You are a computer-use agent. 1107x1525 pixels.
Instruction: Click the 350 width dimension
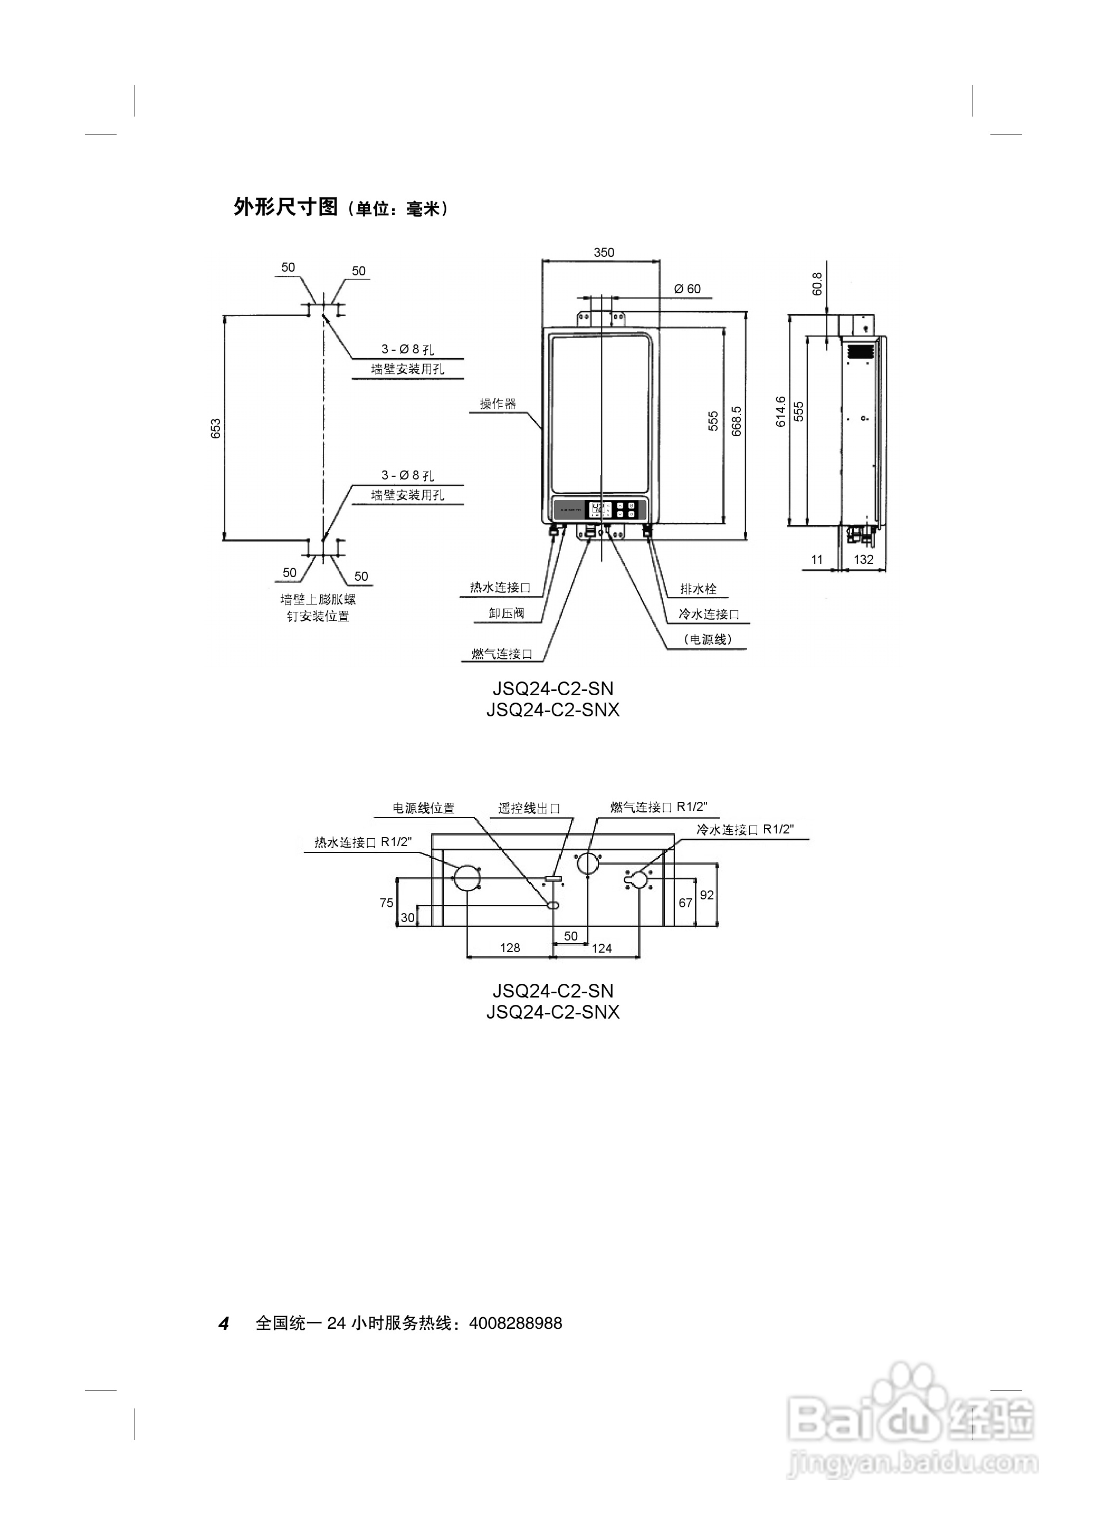[x=603, y=252]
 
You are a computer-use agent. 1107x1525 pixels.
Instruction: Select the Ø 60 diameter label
[x=688, y=289]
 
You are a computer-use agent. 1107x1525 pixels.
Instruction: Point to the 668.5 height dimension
[x=737, y=421]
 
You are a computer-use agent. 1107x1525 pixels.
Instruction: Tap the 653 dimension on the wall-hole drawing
[x=216, y=428]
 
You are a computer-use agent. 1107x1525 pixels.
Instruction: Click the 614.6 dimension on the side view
[x=781, y=411]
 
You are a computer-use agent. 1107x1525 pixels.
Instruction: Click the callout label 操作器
[x=498, y=404]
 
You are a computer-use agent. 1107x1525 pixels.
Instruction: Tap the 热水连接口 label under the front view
[x=500, y=588]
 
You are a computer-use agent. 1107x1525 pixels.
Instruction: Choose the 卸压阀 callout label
[x=507, y=613]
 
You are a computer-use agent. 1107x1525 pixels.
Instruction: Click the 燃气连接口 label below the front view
[x=502, y=654]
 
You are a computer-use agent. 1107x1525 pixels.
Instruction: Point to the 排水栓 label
[x=698, y=589]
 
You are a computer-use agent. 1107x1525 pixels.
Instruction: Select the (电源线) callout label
[x=708, y=639]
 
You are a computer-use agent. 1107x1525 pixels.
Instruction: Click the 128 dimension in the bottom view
[x=510, y=947]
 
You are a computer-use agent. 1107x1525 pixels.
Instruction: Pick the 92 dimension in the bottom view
[x=707, y=895]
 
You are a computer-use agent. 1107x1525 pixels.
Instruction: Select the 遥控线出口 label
[x=529, y=808]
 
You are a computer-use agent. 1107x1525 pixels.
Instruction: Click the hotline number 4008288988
[x=515, y=1323]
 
